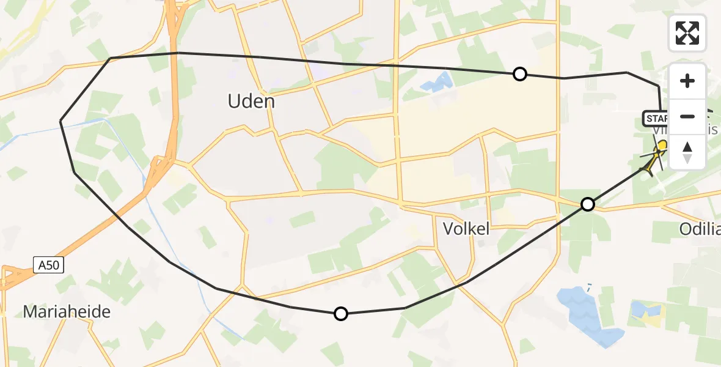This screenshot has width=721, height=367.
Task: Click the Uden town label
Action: click(251, 101)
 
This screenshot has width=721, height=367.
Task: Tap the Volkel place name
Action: click(466, 229)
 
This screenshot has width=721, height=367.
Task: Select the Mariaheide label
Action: click(67, 312)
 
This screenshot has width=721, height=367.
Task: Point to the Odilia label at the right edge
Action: click(700, 229)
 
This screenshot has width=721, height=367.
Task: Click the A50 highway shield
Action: click(48, 264)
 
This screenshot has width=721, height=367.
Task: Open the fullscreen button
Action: click(687, 33)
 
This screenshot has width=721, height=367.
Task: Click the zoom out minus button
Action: click(687, 116)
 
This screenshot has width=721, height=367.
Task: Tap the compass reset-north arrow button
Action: click(687, 152)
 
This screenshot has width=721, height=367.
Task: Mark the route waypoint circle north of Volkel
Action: click(519, 74)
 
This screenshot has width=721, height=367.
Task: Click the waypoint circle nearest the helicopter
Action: click(587, 204)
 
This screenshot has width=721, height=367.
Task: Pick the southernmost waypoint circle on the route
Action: click(340, 314)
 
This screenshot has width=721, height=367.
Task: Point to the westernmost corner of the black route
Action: click(60, 122)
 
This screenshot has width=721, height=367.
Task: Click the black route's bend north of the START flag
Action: click(658, 86)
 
